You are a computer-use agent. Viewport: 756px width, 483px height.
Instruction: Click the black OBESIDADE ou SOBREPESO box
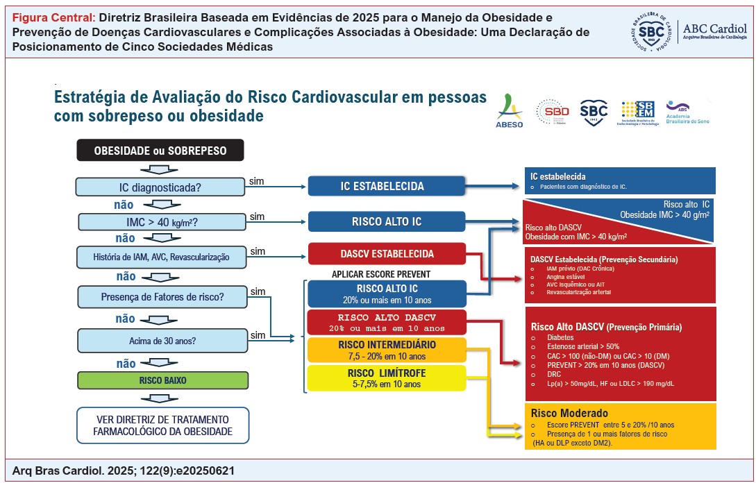160,150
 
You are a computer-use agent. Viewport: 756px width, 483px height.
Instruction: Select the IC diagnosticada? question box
160,187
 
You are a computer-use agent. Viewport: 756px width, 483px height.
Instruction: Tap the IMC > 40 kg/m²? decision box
160,222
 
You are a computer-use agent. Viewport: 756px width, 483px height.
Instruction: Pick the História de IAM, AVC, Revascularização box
160,257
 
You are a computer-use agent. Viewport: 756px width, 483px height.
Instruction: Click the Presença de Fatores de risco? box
160,297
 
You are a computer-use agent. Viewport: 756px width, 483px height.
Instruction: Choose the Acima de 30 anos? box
160,341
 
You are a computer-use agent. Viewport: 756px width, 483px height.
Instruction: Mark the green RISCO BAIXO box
160,380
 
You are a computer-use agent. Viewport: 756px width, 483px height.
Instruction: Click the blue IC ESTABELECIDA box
387,186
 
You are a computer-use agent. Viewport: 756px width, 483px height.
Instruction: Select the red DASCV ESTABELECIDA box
387,254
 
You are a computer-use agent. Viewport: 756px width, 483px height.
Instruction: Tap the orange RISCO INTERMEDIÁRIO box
387,350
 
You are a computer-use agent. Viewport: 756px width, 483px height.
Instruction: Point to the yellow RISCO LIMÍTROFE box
387,378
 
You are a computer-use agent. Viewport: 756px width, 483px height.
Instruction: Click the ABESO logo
510,111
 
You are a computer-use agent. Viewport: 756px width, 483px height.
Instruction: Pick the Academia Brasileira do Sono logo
687,111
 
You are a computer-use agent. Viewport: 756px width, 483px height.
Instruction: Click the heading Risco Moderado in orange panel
569,413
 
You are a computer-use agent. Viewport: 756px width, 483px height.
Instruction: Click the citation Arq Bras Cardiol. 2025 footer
124,471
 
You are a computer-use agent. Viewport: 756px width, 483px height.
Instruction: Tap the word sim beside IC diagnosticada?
257,181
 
